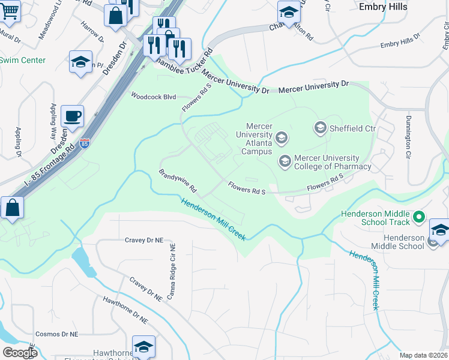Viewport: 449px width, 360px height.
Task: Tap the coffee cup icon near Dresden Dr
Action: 73,116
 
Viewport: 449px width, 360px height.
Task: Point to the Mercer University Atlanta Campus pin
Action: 282,139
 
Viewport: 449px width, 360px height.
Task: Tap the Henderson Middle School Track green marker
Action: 420,217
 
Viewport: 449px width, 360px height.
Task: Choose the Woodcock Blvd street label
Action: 153,96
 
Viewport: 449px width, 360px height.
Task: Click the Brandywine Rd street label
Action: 178,181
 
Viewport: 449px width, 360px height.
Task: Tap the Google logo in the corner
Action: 19,353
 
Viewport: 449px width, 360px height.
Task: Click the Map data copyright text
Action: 424,355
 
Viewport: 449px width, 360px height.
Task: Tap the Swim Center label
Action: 22,60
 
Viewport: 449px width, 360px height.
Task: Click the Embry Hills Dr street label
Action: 400,43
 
